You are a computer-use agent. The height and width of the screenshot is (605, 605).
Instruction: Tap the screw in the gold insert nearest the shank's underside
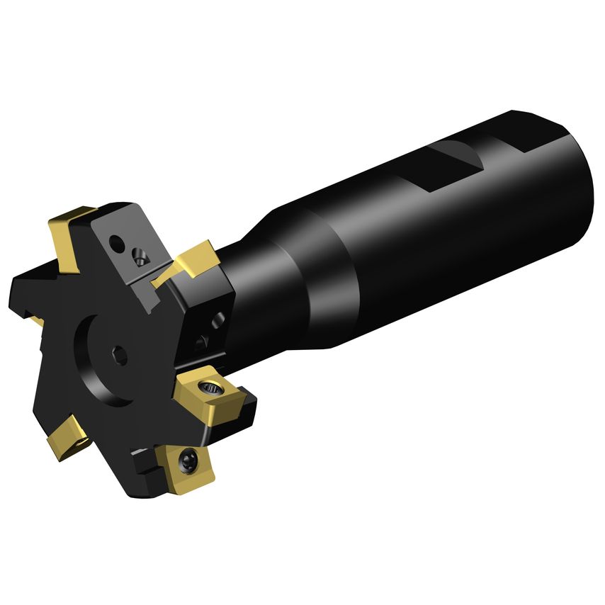[x=210, y=388]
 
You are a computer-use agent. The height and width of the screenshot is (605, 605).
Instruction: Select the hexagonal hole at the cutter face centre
[x=118, y=356]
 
